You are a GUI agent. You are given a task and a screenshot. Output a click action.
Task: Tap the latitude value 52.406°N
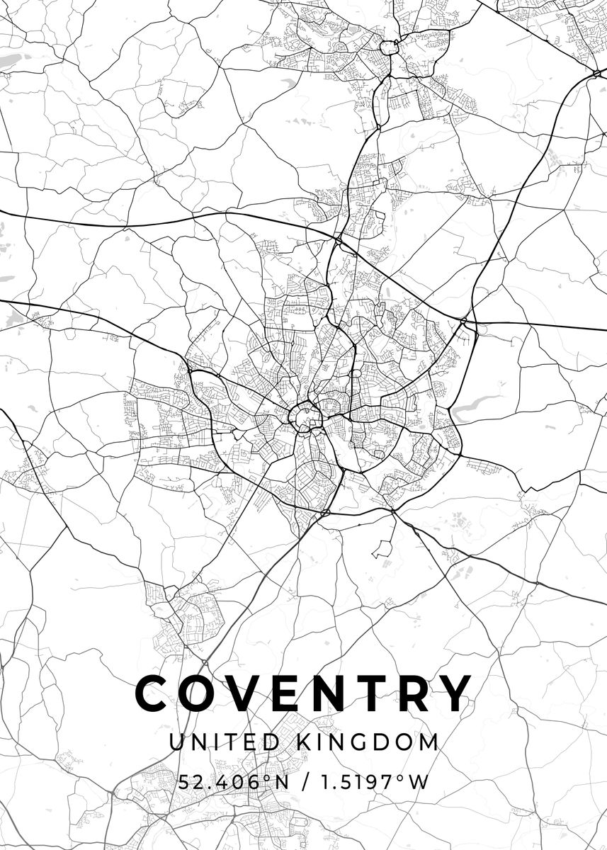click(235, 782)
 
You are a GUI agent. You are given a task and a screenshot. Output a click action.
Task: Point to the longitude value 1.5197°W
click(371, 782)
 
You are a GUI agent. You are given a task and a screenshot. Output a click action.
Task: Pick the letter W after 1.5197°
click(421, 782)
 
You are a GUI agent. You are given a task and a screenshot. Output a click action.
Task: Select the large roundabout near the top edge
click(388, 47)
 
